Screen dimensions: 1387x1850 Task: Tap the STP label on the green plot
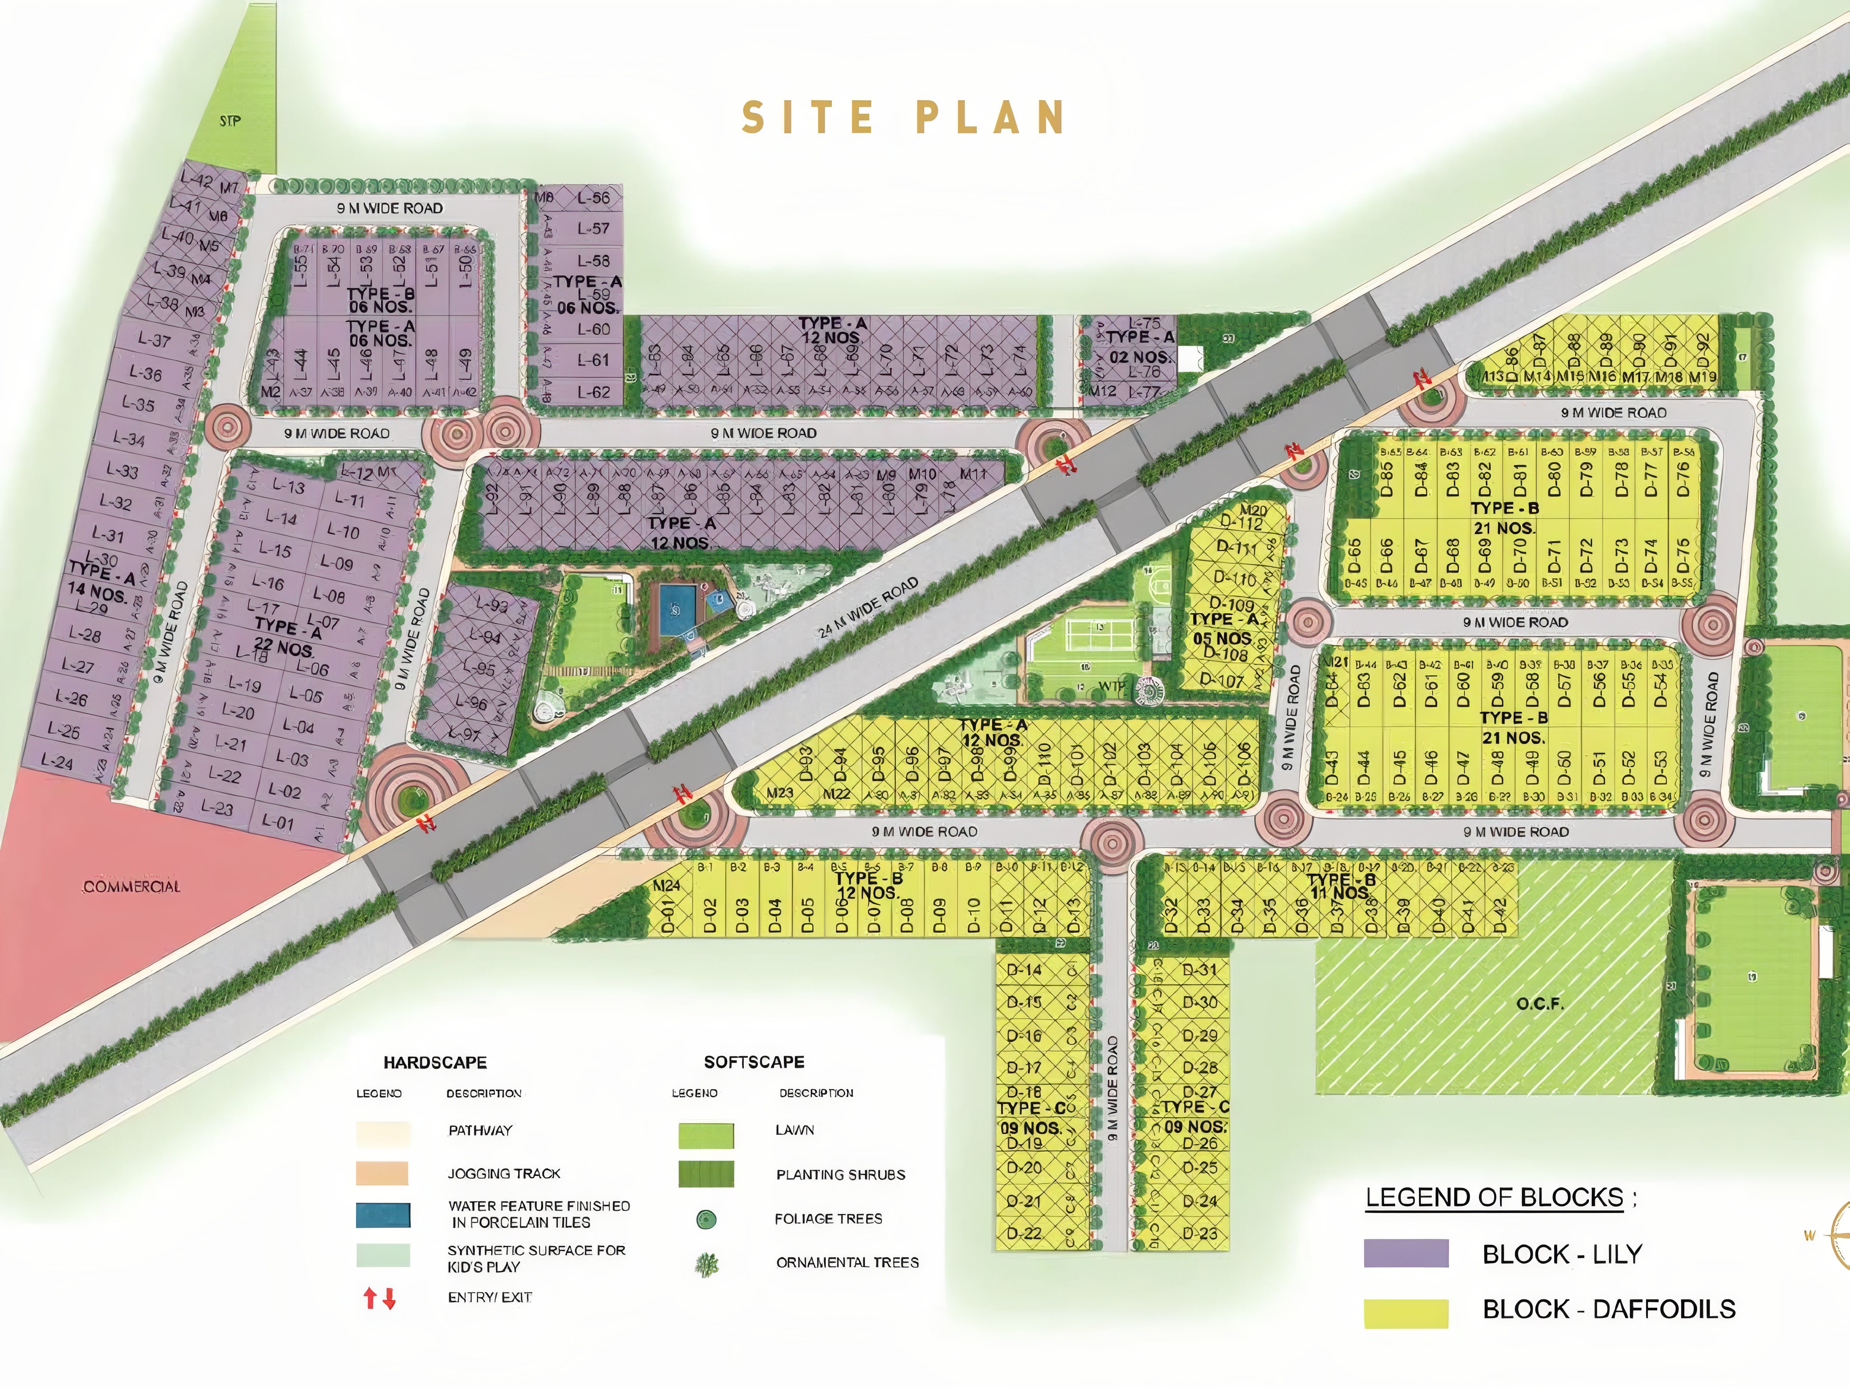pos(230,121)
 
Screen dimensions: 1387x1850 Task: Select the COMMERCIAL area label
pos(131,886)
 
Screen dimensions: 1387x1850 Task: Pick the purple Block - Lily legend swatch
pos(1406,1253)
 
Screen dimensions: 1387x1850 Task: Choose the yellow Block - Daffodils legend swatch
pos(1406,1313)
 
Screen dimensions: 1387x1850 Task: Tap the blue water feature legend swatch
pos(383,1215)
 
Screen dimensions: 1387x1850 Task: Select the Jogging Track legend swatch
pos(382,1173)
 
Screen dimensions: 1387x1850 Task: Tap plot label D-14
pos(1024,970)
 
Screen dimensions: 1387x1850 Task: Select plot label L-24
pos(57,762)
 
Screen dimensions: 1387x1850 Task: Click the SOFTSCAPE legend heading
pos(753,1062)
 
